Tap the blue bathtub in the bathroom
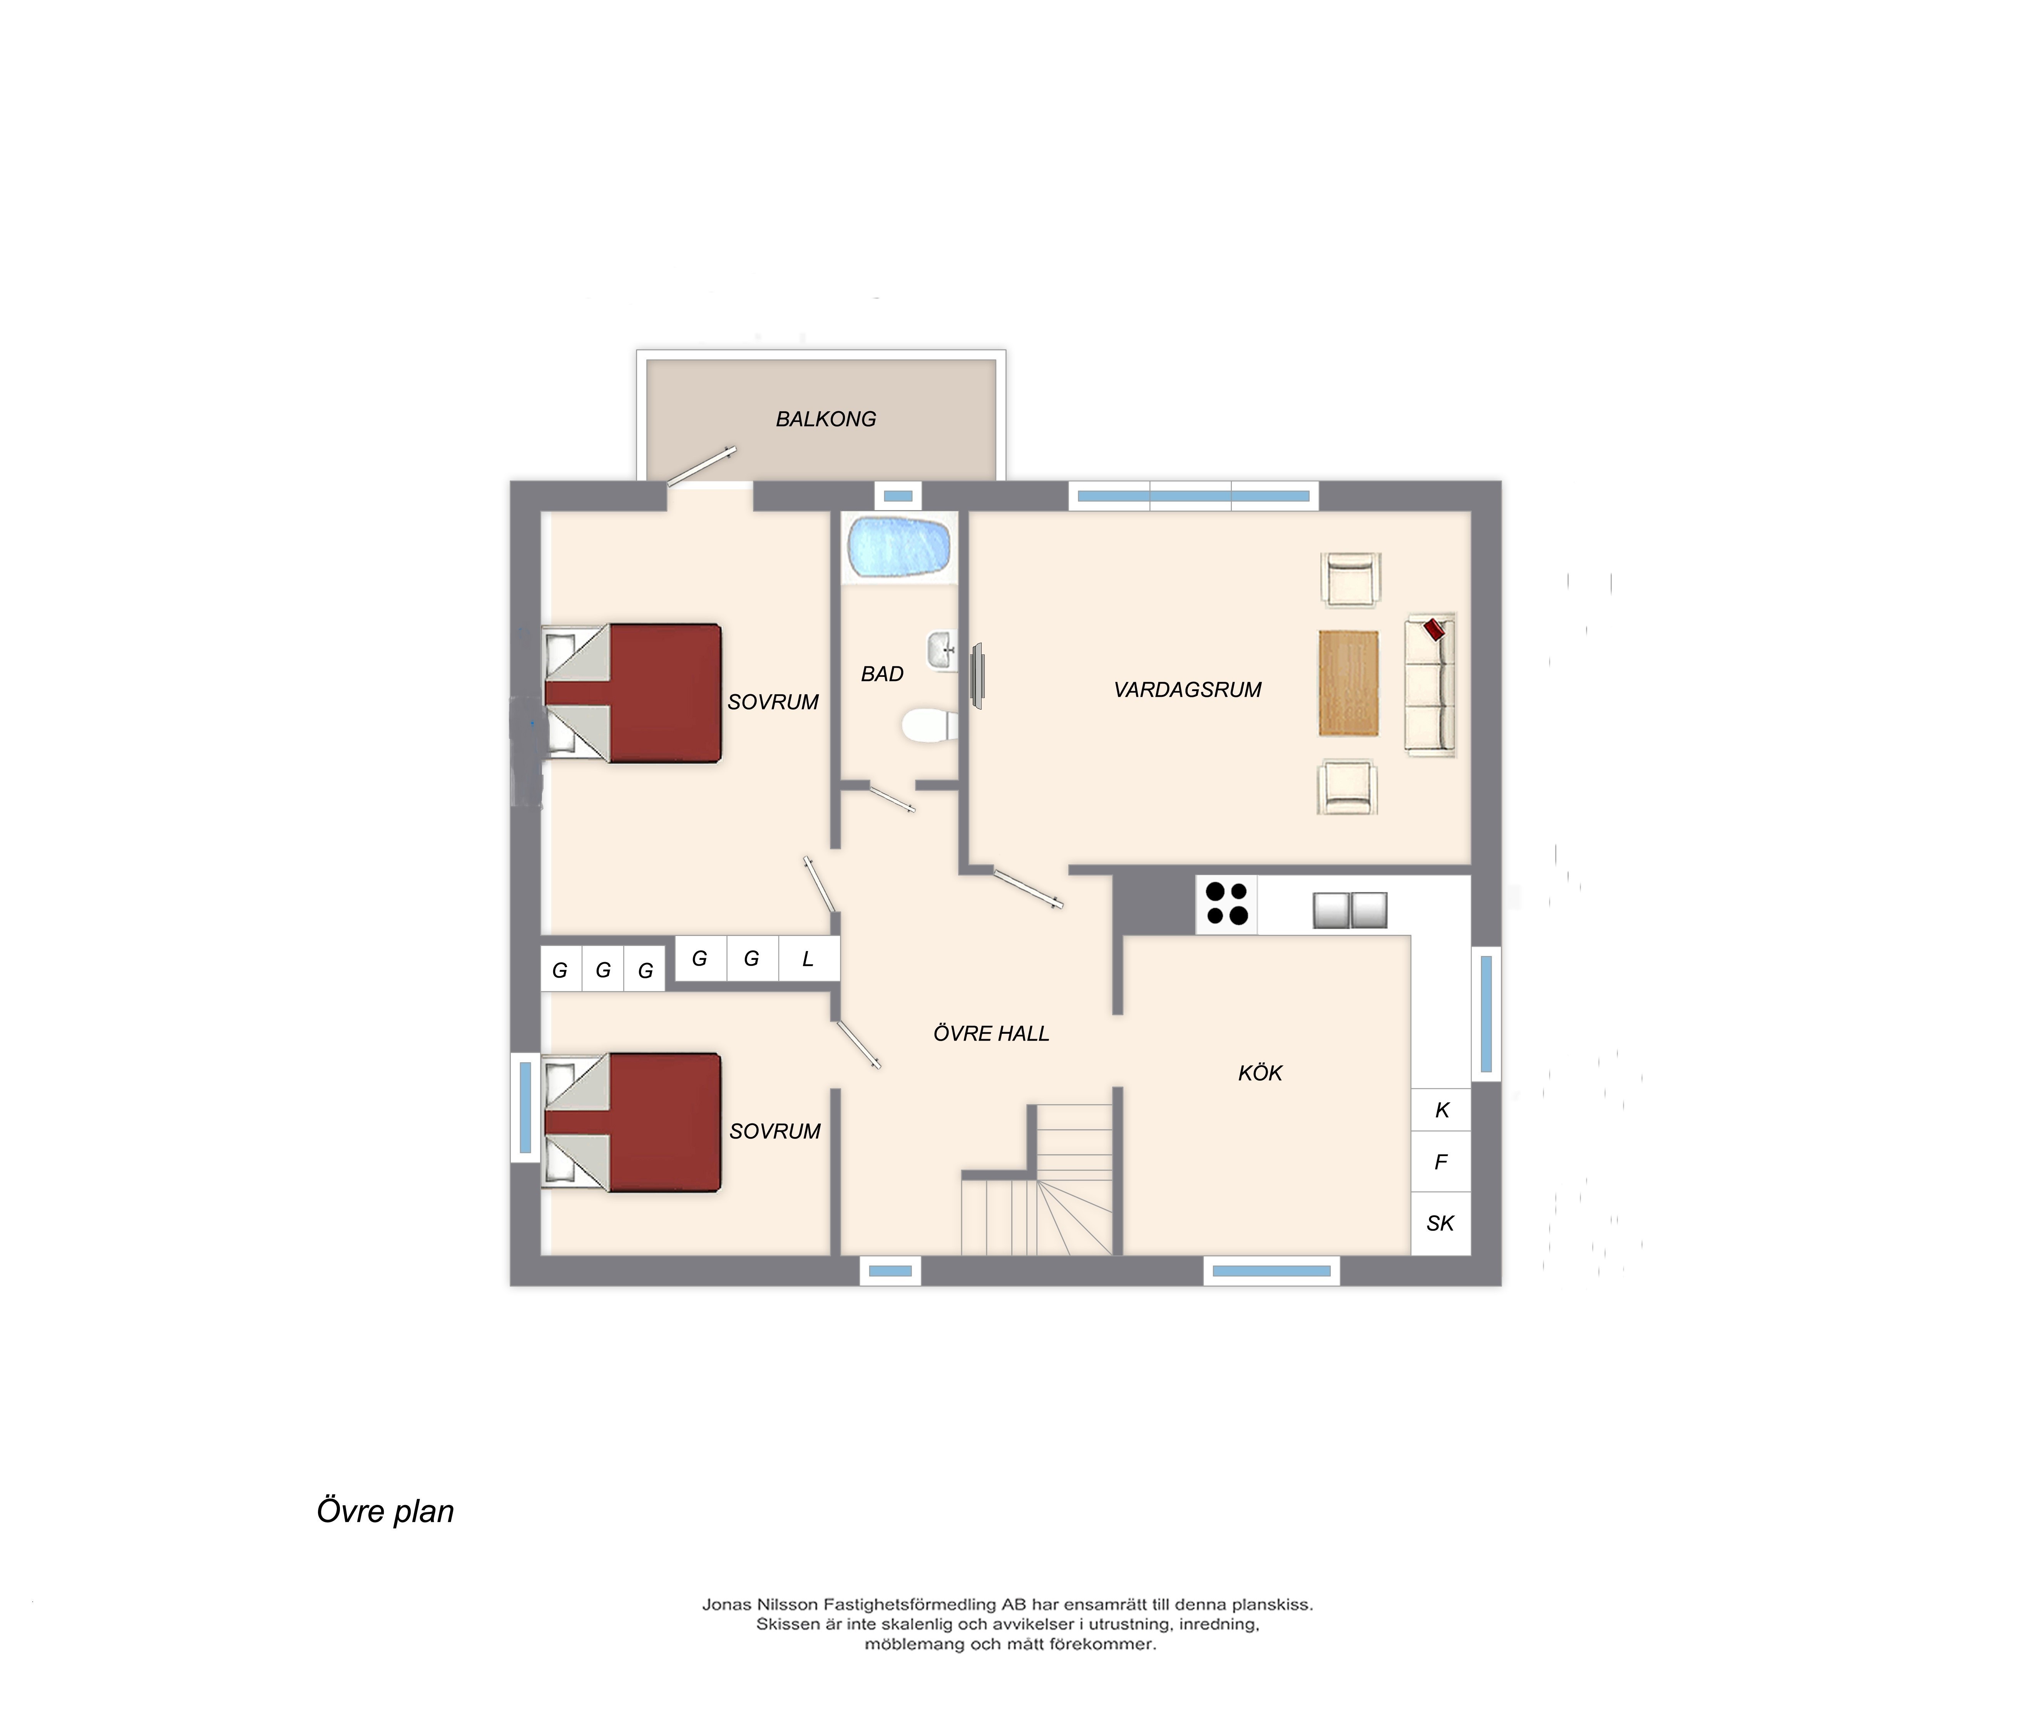coord(900,547)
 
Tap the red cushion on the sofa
coord(1434,629)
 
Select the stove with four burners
coord(1226,904)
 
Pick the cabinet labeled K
coord(1441,1110)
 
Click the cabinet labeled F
coord(1441,1162)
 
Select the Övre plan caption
coord(385,1511)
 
